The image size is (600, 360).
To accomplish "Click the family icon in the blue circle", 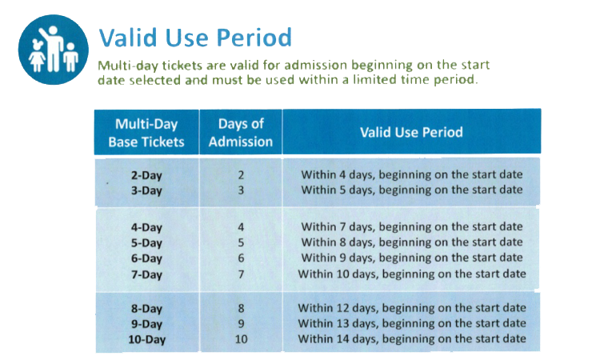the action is pos(54,50).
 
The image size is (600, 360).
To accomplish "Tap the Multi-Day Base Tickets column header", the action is pos(146,132).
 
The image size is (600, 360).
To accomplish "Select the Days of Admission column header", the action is pos(241,132).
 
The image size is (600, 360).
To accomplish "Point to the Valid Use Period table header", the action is pos(411,132).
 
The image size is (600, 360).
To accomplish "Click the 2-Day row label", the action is pos(146,175).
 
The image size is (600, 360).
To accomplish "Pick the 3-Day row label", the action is pos(146,190).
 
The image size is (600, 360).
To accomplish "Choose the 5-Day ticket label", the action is pos(146,243).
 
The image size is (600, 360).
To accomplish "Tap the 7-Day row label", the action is pos(146,274).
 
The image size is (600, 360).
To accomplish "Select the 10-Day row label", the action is pos(146,339).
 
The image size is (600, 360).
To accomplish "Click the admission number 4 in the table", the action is pos(241,227).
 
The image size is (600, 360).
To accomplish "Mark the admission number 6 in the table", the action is pos(241,258).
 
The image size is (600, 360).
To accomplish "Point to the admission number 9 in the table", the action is pos(241,324).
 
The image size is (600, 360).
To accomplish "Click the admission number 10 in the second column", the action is pos(241,339).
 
